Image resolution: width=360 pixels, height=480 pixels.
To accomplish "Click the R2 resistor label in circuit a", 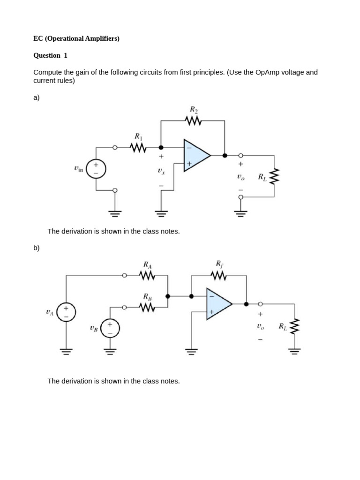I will pyautogui.click(x=194, y=110).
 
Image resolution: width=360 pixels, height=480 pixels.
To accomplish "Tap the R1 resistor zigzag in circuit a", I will pyautogui.click(x=138, y=148).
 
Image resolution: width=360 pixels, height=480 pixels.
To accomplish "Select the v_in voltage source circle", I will pyautogui.click(x=96, y=169).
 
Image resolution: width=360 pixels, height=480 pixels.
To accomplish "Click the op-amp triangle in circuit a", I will pyautogui.click(x=196, y=155).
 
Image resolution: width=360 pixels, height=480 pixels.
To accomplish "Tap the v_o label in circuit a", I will pyautogui.click(x=240, y=177).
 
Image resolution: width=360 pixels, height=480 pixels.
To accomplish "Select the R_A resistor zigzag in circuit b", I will pyautogui.click(x=147, y=276).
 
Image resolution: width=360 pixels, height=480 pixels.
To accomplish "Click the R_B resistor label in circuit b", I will pyautogui.click(x=147, y=296).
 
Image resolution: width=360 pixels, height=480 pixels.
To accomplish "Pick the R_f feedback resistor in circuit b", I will pyautogui.click(x=219, y=276).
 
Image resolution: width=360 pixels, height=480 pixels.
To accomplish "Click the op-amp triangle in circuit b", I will pyautogui.click(x=218, y=304).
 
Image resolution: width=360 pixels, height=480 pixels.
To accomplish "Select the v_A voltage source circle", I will pyautogui.click(x=66, y=313).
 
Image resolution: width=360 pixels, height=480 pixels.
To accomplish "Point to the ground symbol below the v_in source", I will pyautogui.click(x=115, y=213).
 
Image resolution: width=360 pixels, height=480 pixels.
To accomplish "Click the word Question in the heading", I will pyautogui.click(x=47, y=55).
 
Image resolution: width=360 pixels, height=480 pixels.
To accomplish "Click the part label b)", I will pyautogui.click(x=37, y=247).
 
